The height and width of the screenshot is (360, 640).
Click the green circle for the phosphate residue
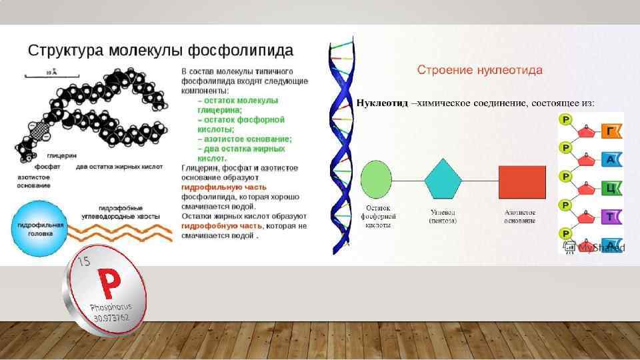pos(376,180)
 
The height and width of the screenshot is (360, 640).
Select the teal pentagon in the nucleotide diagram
pos(443,179)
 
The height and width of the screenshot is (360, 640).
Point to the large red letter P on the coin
pos(109,284)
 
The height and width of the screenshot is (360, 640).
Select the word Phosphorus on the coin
pos(111,309)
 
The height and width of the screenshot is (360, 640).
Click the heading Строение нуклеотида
pos(479,70)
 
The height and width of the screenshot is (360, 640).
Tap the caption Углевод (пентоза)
pos(443,216)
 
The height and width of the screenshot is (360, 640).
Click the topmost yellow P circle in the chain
pos(566,120)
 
